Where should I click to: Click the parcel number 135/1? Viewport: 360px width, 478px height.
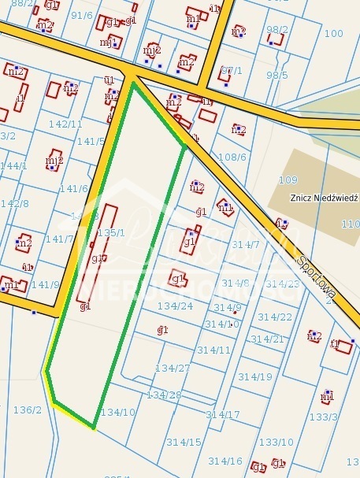tap(110, 233)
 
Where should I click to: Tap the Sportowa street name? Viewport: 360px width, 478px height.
tap(317, 276)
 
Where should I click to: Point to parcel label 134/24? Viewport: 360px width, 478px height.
tap(175, 306)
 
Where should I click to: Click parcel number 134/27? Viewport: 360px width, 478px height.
tap(173, 368)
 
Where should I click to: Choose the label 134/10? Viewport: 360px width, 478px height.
tap(118, 412)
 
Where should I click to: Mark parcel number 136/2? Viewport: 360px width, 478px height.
tap(27, 409)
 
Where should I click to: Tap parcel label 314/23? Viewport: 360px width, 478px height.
tap(282, 283)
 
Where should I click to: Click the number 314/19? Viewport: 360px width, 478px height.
tap(256, 376)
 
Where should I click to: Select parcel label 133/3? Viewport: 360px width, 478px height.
tap(324, 417)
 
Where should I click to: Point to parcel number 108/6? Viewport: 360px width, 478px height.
tap(232, 157)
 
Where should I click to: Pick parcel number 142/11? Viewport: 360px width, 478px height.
tap(65, 124)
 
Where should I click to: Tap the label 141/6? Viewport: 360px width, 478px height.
tap(73, 188)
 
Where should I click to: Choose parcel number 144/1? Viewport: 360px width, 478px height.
tap(13, 165)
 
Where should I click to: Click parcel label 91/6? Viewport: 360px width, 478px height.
tap(81, 15)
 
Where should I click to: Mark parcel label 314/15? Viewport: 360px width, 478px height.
tap(183, 442)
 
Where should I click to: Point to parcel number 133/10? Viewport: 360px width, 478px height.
tap(276, 442)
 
